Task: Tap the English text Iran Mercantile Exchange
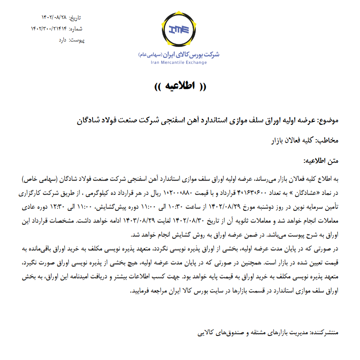(x=179, y=63)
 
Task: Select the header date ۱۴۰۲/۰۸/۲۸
(x=54, y=17)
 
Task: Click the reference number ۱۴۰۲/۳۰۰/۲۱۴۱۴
(x=49, y=29)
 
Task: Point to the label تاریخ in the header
(x=75, y=17)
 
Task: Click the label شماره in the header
(x=74, y=29)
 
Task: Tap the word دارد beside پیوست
(x=63, y=40)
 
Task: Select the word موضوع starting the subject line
(x=329, y=121)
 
